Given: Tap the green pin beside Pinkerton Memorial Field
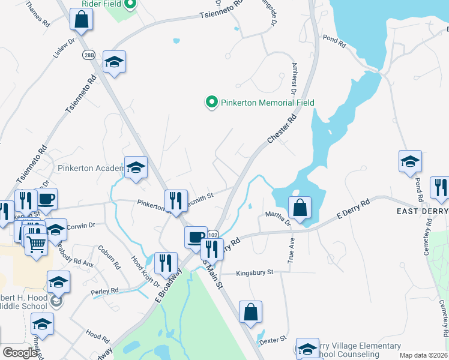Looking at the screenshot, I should [x=211, y=103].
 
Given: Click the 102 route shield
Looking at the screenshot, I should [x=213, y=232].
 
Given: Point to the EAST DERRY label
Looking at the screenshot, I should [x=422, y=211].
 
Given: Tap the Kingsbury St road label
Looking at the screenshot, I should [x=255, y=272].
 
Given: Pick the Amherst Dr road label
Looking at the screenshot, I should [x=294, y=79].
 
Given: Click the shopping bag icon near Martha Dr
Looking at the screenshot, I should [x=300, y=208].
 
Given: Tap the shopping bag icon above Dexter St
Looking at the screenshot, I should [x=250, y=312].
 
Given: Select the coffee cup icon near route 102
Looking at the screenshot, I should [x=196, y=237].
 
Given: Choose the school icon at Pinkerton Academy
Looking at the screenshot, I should [x=136, y=167].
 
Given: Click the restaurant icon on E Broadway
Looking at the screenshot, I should [x=166, y=262].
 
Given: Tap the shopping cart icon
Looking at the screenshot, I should [x=37, y=244].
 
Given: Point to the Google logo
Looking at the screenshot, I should [x=20, y=353].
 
